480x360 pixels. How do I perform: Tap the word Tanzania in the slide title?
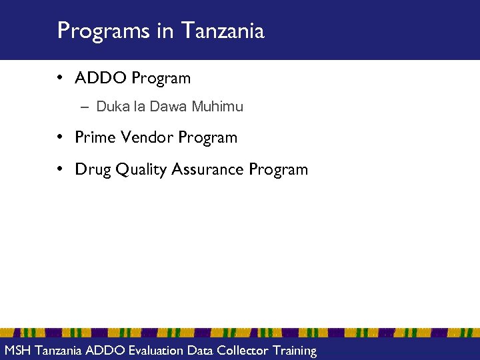coord(223,31)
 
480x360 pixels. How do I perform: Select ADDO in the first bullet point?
coord(101,78)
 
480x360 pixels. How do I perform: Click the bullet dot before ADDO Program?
coord(60,78)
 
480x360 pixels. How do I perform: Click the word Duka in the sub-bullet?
coord(110,106)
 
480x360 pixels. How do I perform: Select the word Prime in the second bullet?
coord(95,137)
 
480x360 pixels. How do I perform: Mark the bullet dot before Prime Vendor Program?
coord(60,137)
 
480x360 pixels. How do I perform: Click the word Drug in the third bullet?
coord(93,169)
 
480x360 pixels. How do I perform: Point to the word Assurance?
coord(208,169)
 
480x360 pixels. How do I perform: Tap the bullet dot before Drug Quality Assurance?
coord(60,169)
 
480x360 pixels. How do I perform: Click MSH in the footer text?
coord(17,350)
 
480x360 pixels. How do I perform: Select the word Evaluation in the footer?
coord(155,350)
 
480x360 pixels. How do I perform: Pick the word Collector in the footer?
coord(243,350)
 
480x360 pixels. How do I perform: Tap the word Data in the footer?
coord(201,350)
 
